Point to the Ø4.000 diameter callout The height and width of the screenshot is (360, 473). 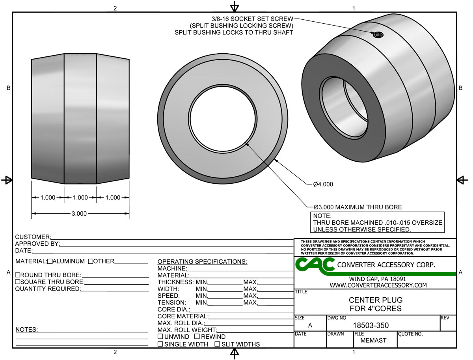pyautogui.click(x=323, y=184)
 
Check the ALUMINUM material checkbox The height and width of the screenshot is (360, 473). pyautogui.click(x=50, y=261)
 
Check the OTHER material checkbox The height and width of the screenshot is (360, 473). pyautogui.click(x=91, y=261)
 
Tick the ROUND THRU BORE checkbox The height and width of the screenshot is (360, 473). pyautogui.click(x=17, y=275)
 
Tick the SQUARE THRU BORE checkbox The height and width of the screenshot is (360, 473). pyautogui.click(x=17, y=282)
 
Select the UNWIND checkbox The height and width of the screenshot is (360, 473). pyautogui.click(x=160, y=337)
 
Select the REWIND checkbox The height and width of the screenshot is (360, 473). pyautogui.click(x=197, y=337)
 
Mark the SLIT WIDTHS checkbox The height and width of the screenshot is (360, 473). pyautogui.click(x=217, y=344)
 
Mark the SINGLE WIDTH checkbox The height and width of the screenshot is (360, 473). pyautogui.click(x=160, y=344)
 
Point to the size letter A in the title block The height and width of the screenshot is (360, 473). pyautogui.click(x=310, y=326)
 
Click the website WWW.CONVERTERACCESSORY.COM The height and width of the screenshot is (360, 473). pyautogui.click(x=378, y=285)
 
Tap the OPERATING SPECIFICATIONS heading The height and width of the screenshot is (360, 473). pyautogui.click(x=202, y=262)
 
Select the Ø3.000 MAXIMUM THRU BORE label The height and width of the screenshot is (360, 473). pyautogui.click(x=358, y=207)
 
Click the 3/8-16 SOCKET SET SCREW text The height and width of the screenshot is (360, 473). pyautogui.click(x=252, y=19)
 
